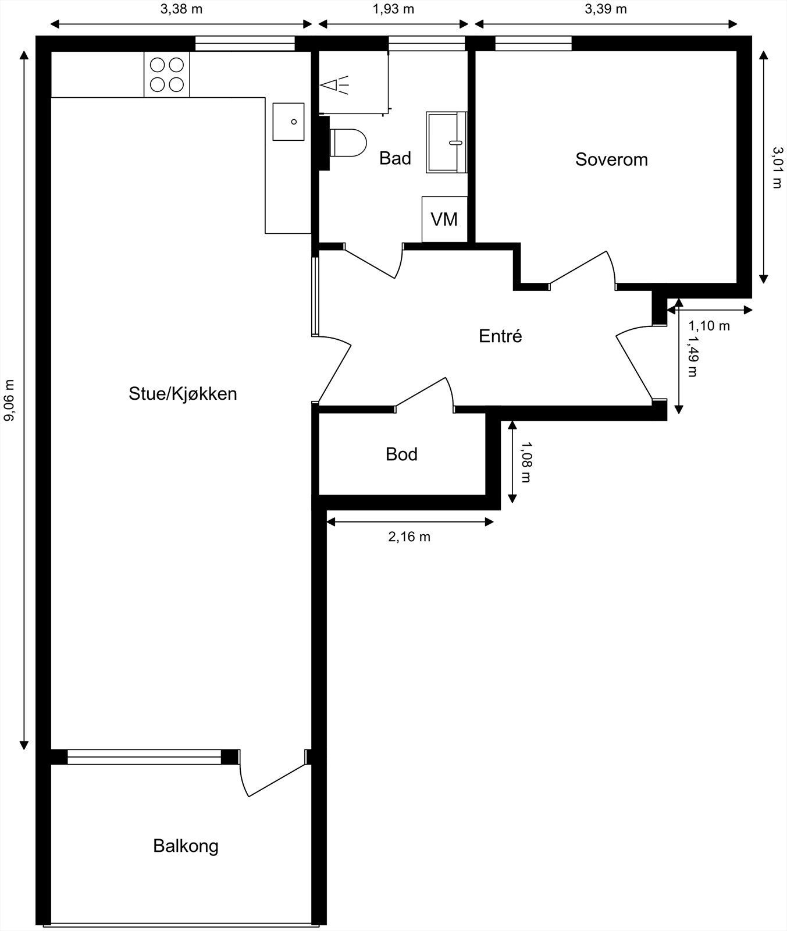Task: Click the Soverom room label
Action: (x=611, y=159)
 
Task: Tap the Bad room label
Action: (x=395, y=158)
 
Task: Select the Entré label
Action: (x=500, y=336)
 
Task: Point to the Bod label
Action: (x=401, y=454)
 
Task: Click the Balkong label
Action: (x=186, y=846)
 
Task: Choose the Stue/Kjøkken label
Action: (x=183, y=394)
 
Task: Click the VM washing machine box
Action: (x=444, y=219)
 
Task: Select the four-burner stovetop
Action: (x=167, y=74)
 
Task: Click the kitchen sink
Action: (x=289, y=122)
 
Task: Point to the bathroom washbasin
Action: (x=447, y=143)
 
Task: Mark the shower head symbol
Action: (x=334, y=85)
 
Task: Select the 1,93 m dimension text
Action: (x=394, y=9)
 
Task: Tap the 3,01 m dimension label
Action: (x=777, y=167)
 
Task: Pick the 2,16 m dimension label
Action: (x=409, y=537)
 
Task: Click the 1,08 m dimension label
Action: (x=526, y=462)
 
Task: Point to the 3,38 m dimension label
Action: (x=181, y=9)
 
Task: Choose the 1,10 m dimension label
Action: (x=709, y=326)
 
